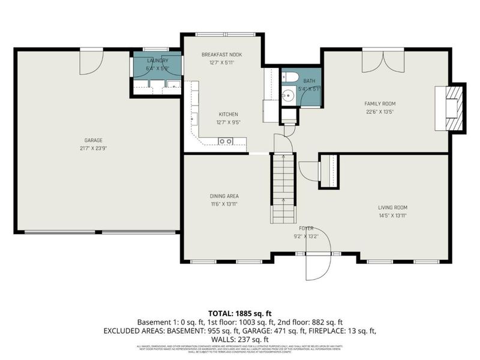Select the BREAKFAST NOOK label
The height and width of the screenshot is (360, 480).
(222, 55)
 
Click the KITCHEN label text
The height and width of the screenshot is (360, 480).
(229, 114)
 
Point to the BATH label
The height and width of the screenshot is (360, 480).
(308, 80)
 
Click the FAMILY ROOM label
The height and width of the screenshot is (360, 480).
(380, 103)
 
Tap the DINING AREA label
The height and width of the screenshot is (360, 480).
(225, 196)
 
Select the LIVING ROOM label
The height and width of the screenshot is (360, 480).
(393, 208)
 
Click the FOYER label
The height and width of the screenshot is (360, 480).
(307, 229)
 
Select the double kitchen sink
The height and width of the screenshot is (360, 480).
(226, 141)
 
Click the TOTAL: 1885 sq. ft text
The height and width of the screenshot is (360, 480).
(239, 313)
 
